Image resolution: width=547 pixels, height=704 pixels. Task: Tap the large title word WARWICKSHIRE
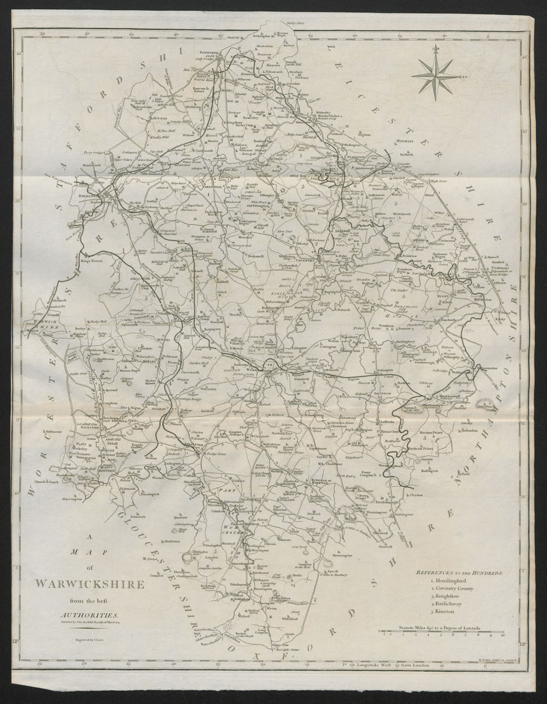90,584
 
